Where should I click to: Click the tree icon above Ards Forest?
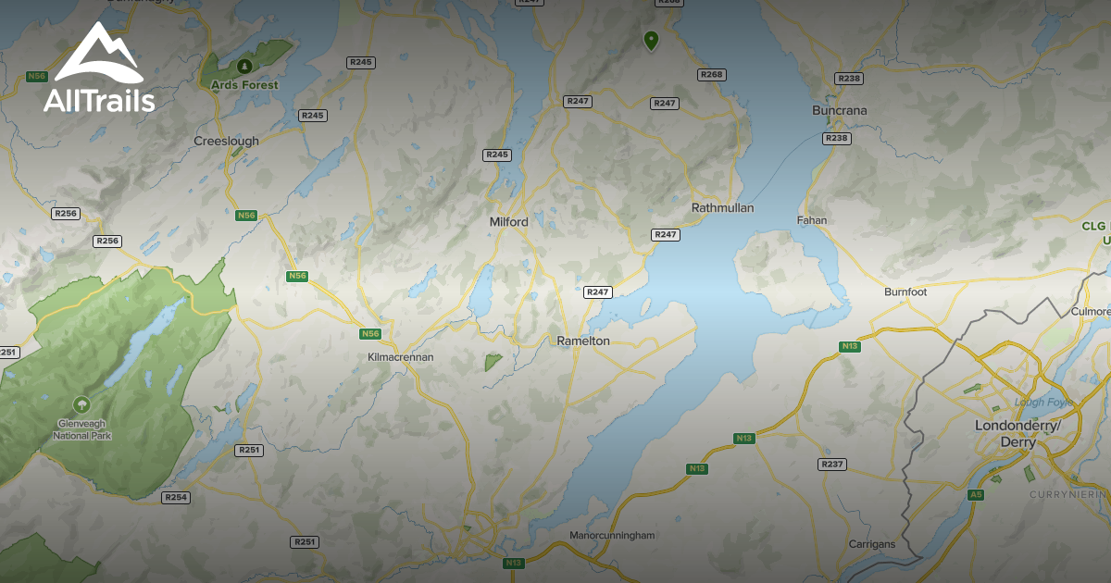244,66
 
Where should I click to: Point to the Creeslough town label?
226,142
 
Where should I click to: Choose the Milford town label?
508,222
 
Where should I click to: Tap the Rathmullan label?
722,208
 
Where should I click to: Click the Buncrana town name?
839,111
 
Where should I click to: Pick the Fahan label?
812,220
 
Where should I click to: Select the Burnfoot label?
905,291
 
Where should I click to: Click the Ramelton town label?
583,341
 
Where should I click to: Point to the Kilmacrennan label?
400,356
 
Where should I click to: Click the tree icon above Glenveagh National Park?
81,403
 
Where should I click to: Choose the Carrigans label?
872,544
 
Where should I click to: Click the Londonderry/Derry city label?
1015,433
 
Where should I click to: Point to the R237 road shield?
832,464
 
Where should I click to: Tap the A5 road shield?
975,495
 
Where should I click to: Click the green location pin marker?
651,40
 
